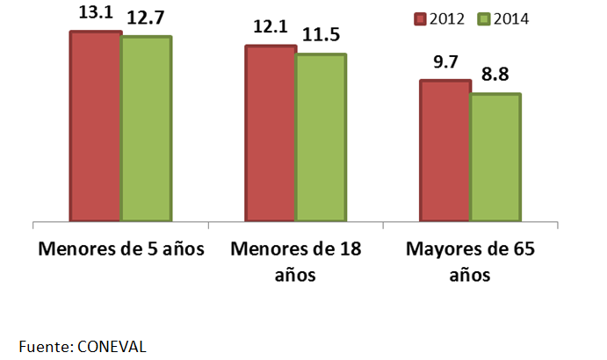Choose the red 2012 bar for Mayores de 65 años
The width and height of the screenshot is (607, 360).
coord(445,150)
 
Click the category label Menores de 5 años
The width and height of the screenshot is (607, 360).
coord(121,248)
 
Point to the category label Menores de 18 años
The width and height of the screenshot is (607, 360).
coord(296,261)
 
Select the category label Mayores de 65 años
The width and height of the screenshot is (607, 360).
coord(471,261)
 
